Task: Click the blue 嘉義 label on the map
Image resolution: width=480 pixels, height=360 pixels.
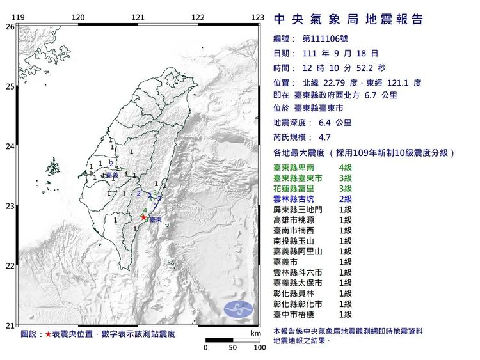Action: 112,175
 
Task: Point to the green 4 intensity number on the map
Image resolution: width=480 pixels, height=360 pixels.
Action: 146,210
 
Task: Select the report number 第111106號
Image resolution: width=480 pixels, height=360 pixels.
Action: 328,39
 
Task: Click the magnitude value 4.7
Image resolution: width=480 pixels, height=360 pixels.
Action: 324,137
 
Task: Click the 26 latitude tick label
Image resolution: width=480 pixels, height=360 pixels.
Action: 10,27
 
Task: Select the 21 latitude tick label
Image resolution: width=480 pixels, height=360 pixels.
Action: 10,325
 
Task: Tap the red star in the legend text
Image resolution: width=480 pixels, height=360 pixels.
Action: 48,334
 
